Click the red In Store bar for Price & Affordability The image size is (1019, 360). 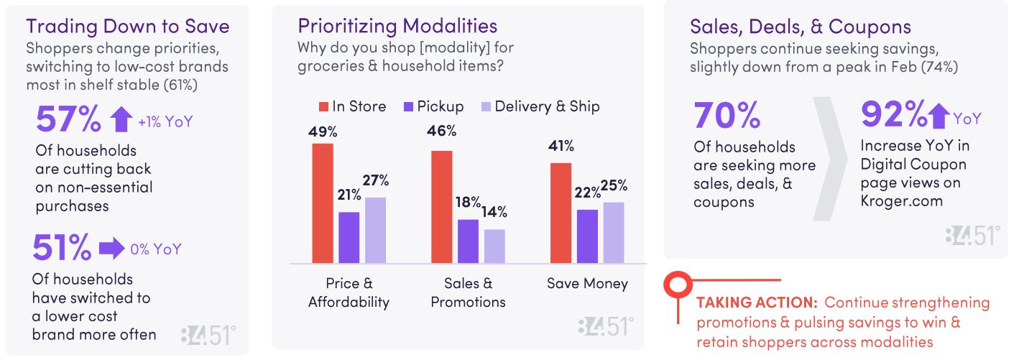[x=323, y=203]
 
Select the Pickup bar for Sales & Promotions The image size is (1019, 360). [x=468, y=241]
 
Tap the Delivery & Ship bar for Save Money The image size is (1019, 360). [x=613, y=233]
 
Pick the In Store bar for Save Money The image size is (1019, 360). [x=561, y=213]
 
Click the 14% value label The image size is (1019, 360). [x=494, y=212]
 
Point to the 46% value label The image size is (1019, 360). [x=441, y=131]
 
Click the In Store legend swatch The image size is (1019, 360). [x=323, y=107]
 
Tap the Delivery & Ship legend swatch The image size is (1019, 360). [x=485, y=107]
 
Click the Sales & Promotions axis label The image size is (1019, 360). [x=468, y=292]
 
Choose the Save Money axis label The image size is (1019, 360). [x=586, y=284]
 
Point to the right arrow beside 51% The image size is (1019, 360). [x=111, y=249]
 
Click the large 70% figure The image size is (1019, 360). [x=727, y=115]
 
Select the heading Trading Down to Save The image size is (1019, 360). [x=128, y=27]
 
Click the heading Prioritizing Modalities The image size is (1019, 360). [x=397, y=27]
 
